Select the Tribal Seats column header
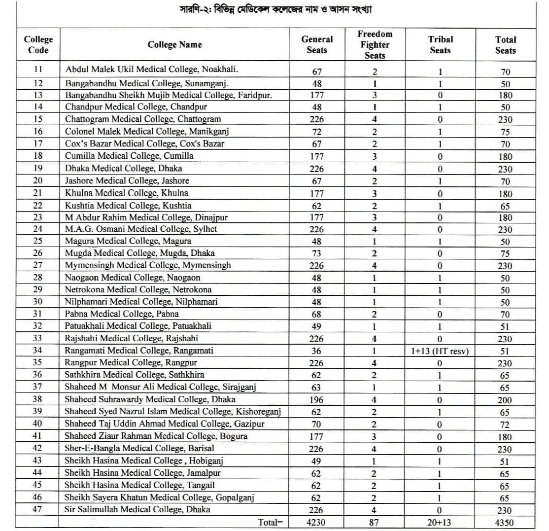pos(440,44)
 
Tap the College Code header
pos(38,44)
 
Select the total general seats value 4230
pos(316,523)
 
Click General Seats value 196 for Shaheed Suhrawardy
pos(316,400)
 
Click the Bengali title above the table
pos(275,10)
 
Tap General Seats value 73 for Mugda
pos(316,253)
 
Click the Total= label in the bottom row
pos(271,522)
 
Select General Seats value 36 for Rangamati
pos(316,351)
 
